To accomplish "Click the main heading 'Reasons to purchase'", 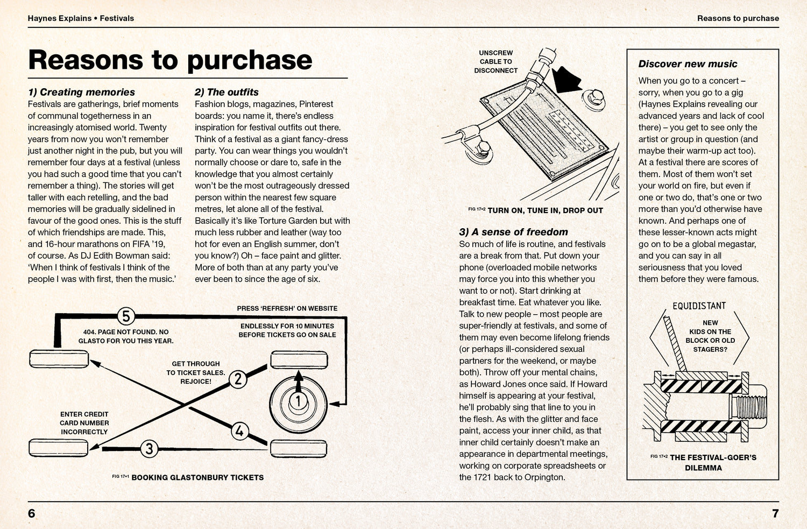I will [x=170, y=60].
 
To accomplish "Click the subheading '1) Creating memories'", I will [x=81, y=92].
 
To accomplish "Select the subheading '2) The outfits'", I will [x=226, y=92].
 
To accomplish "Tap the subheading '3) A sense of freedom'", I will [x=513, y=232].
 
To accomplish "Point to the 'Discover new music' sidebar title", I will [x=688, y=64].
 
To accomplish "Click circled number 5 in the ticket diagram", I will [x=125, y=316].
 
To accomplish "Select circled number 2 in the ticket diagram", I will [x=237, y=379].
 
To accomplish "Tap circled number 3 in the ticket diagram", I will [x=149, y=448].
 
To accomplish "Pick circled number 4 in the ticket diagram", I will [x=240, y=431].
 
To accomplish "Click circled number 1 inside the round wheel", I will [x=298, y=400].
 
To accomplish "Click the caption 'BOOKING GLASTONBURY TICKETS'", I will [x=197, y=477].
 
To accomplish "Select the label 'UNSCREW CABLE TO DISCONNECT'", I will [x=495, y=62].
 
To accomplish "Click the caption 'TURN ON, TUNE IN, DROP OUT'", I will [x=544, y=210].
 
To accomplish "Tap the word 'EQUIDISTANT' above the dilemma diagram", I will [x=699, y=306].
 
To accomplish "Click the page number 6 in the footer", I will [x=31, y=513].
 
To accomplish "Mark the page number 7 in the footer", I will [x=775, y=513].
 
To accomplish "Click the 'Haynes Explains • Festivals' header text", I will [x=81, y=18].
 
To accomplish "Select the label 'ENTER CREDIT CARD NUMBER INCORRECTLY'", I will [x=84, y=423].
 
